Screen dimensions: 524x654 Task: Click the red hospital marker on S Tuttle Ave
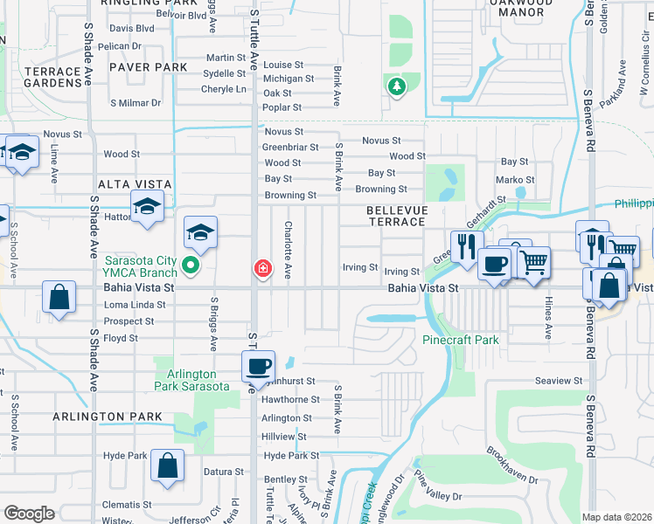pos(261,268)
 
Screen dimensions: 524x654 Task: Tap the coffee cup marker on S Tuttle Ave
pos(257,366)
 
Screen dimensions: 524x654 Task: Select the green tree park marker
pos(397,86)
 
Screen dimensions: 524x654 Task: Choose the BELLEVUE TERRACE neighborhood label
pos(396,217)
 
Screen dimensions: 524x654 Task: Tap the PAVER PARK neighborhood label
pos(148,67)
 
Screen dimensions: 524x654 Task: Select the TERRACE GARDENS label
pos(40,77)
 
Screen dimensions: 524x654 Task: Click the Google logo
pos(29,514)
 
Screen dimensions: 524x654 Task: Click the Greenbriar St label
pos(290,148)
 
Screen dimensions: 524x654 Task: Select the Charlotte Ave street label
pos(287,250)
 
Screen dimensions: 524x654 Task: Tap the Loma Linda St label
pos(135,305)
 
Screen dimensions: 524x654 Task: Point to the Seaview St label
pos(559,381)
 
